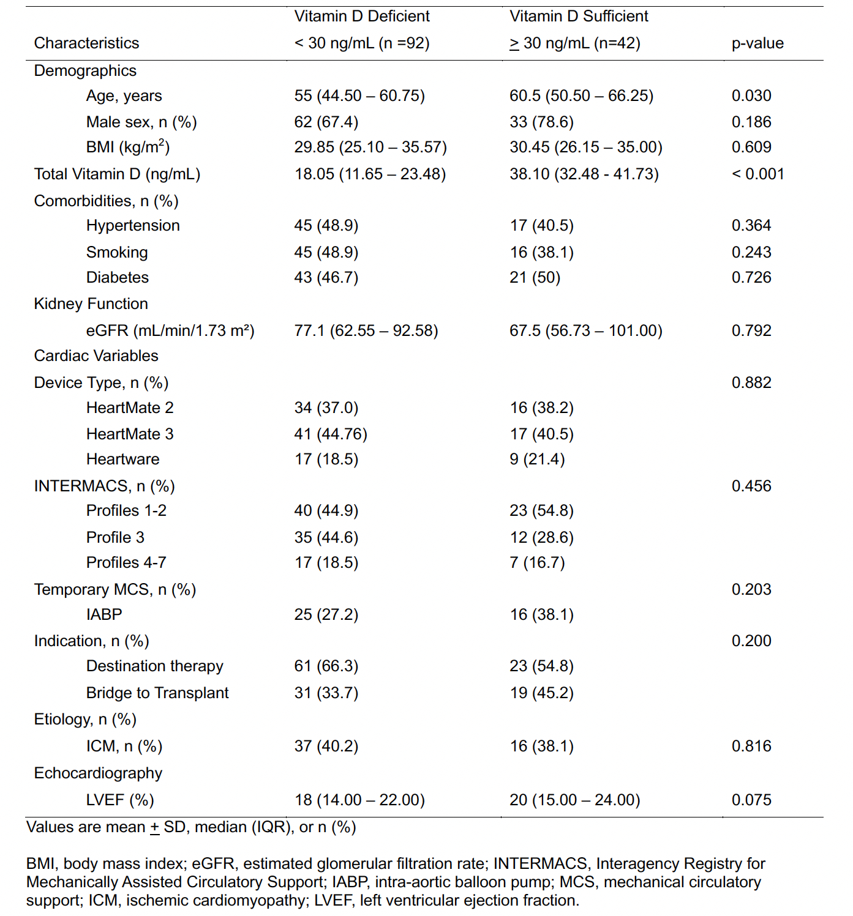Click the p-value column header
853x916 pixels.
point(757,43)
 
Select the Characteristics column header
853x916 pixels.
point(86,43)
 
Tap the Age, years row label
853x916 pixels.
point(124,96)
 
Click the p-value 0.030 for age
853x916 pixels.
point(751,96)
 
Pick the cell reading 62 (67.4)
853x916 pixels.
point(326,122)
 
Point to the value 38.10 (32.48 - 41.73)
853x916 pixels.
point(584,174)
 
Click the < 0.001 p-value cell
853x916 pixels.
point(757,174)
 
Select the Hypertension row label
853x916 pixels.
point(133,226)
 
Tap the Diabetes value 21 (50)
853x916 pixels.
point(535,278)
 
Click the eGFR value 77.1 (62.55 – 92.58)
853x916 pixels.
point(366,331)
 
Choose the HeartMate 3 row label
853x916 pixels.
point(130,434)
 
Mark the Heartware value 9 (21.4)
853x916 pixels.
point(537,460)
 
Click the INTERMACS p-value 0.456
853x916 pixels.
point(751,486)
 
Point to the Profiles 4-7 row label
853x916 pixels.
point(126,563)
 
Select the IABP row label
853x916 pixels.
point(104,615)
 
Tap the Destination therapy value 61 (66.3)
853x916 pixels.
point(326,666)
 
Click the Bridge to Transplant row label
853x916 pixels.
point(157,693)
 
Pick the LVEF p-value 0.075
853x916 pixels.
point(751,800)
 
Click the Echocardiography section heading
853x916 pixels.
point(98,773)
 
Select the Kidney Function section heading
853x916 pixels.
point(91,304)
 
